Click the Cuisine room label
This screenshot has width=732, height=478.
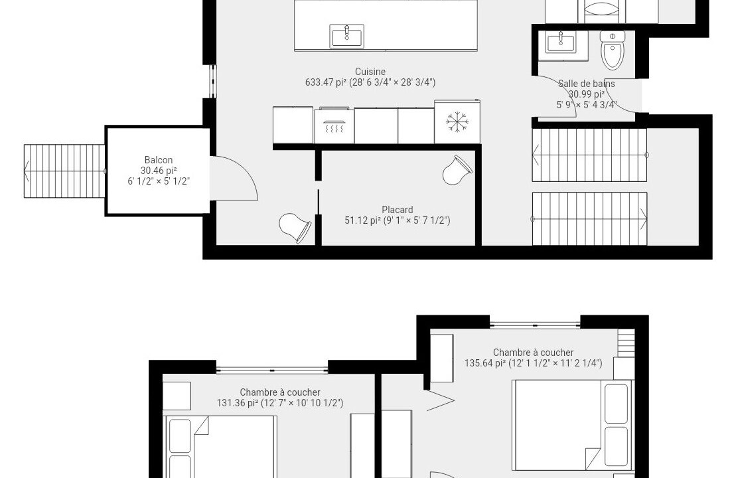click(x=370, y=72)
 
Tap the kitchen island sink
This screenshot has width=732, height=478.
click(x=347, y=36)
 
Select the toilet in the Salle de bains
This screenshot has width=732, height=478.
click(x=613, y=50)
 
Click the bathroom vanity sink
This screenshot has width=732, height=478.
click(x=560, y=42)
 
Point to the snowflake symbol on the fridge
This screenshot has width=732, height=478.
click(x=457, y=122)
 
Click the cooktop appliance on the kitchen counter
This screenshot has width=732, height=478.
click(x=334, y=125)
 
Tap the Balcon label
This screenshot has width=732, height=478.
click(x=158, y=160)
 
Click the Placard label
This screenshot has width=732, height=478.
click(x=398, y=210)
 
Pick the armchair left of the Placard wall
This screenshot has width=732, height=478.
click(x=295, y=228)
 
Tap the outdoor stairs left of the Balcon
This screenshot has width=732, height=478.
click(x=64, y=171)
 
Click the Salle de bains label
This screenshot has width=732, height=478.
click(x=587, y=84)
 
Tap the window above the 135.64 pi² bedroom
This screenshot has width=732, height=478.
click(x=535, y=325)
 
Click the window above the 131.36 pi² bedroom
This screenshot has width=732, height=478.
click(x=272, y=370)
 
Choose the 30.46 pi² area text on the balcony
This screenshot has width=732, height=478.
click(x=159, y=171)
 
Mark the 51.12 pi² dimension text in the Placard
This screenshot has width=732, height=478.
click(x=398, y=221)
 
